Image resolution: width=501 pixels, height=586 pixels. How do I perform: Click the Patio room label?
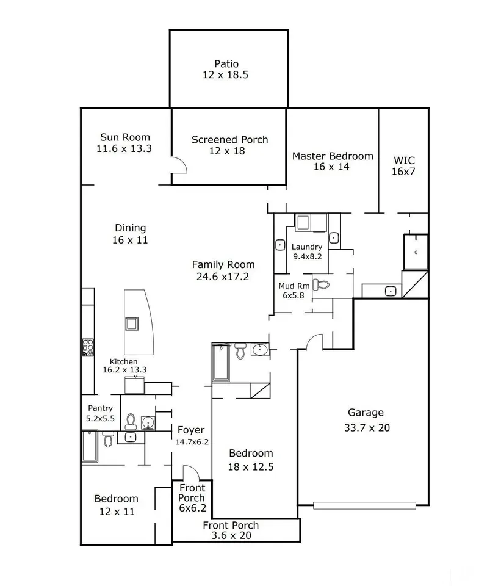point(226,64)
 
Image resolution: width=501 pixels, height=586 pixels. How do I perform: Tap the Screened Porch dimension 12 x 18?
point(227,151)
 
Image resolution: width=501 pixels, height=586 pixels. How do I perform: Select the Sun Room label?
point(125,137)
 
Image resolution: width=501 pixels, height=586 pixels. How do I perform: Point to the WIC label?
point(404,161)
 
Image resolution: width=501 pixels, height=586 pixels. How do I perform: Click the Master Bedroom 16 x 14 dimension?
point(331,167)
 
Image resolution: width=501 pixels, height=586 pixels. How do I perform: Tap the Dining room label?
point(131,228)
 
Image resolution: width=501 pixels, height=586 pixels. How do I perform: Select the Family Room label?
point(223,264)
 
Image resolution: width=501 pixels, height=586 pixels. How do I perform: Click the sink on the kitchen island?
point(132,324)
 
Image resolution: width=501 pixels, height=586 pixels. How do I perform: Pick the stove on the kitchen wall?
point(88,347)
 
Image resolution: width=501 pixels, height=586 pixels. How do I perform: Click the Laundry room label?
point(307,247)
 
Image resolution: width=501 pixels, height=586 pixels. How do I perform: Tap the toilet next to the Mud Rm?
point(321,285)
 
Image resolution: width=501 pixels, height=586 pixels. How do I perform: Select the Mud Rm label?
point(294,286)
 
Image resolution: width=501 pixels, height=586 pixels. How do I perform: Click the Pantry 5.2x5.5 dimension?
point(100,419)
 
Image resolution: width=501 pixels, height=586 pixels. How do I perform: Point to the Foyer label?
point(191,430)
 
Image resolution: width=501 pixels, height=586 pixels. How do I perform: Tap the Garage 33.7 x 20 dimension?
point(367,428)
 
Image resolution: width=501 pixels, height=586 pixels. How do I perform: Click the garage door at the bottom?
point(365,505)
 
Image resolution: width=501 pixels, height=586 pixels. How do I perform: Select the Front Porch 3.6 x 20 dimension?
point(231,535)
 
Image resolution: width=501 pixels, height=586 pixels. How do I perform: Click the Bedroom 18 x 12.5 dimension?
point(251,467)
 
